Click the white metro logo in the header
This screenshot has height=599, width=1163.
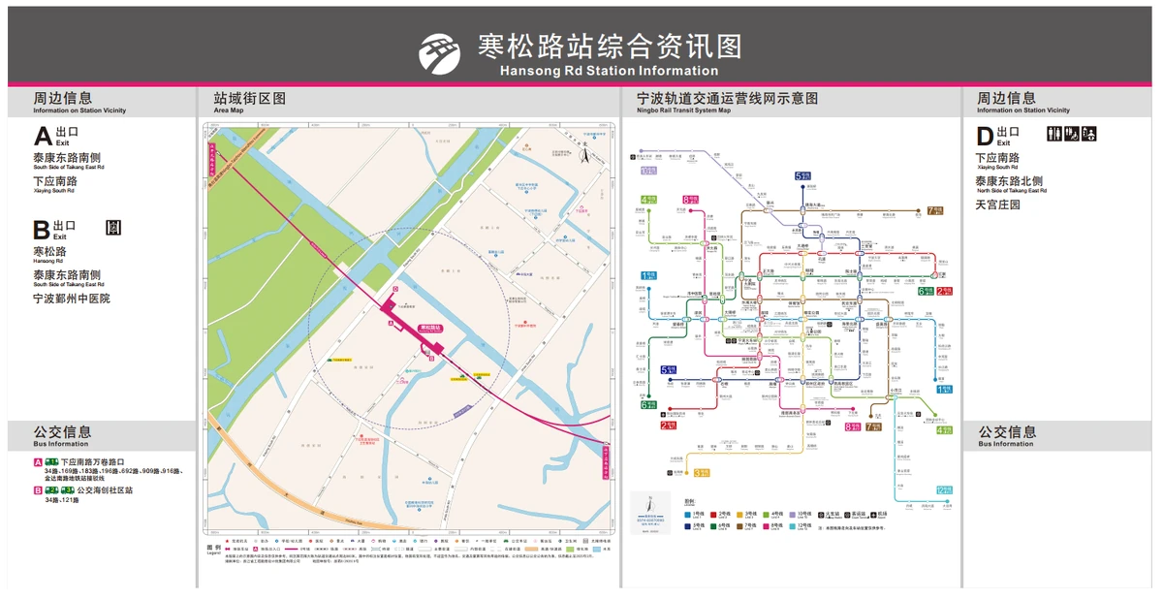pyautogui.click(x=439, y=52)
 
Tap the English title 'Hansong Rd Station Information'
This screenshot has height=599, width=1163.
pyautogui.click(x=609, y=71)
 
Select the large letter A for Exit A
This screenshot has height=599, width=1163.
pyautogui.click(x=42, y=136)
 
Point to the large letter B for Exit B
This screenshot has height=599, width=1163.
pyautogui.click(x=41, y=231)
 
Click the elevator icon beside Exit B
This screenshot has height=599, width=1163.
pyautogui.click(x=114, y=228)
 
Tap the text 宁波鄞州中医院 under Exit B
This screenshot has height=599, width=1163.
pyautogui.click(x=72, y=299)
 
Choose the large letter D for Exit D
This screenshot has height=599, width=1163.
pyautogui.click(x=985, y=136)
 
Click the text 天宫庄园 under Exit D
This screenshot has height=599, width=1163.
pyautogui.click(x=997, y=205)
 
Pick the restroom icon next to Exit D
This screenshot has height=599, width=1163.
pyautogui.click(x=1054, y=134)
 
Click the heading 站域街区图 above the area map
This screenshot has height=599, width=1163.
pyautogui.click(x=250, y=98)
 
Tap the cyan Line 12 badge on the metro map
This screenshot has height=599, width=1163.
pyautogui.click(x=943, y=489)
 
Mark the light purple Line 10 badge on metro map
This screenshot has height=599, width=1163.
pyautogui.click(x=648, y=171)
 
